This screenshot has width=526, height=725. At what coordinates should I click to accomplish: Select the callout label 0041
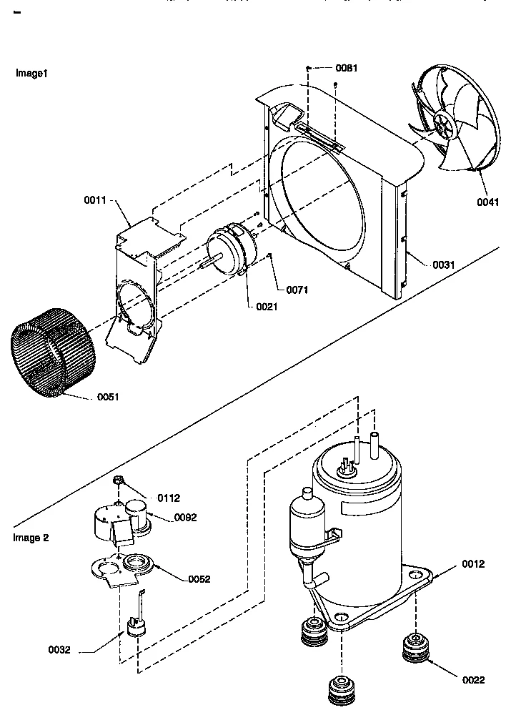point(488,202)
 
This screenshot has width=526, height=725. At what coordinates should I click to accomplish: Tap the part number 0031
point(443,265)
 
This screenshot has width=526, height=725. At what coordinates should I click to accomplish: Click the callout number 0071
point(297,290)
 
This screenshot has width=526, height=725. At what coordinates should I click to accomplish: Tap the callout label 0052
point(200,578)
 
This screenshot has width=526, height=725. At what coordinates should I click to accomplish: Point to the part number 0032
point(59,650)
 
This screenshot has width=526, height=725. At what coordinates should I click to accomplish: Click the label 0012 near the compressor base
point(473,564)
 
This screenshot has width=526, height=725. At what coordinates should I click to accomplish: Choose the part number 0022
point(473,680)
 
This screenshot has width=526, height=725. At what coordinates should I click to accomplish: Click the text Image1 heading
point(31,74)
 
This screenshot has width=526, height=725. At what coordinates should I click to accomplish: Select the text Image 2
point(31,538)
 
